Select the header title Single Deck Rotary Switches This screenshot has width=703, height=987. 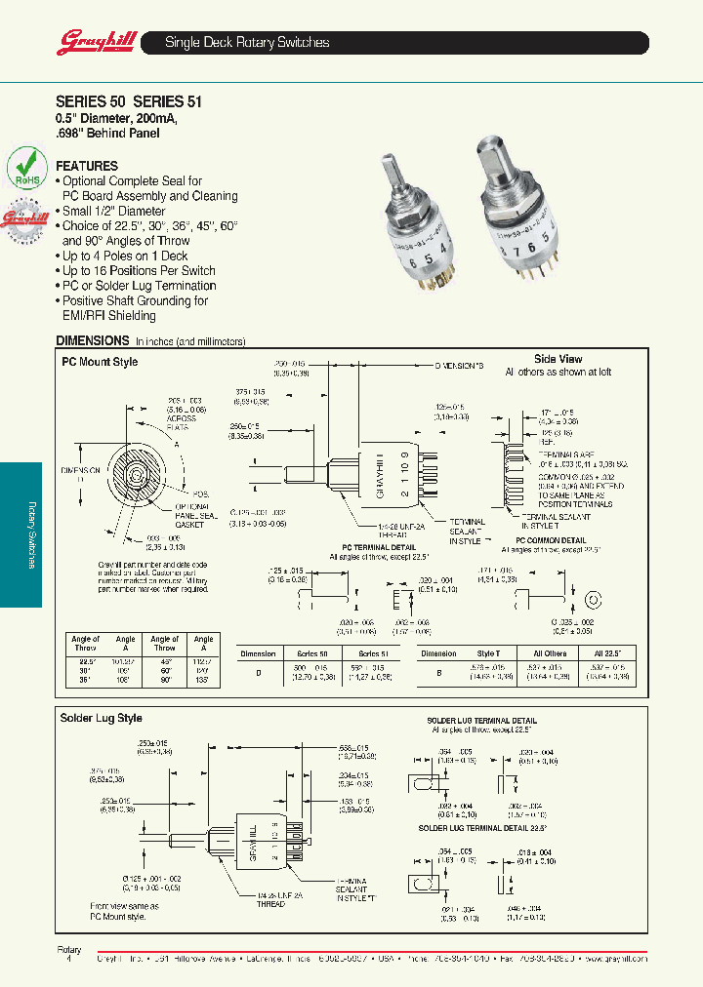point(247,43)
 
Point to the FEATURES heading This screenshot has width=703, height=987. point(87,166)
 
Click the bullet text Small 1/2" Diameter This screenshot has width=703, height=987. point(114,211)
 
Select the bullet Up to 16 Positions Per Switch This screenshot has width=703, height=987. point(139,270)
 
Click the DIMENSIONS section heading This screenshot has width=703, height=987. point(93,340)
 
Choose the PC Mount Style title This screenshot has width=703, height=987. point(100,362)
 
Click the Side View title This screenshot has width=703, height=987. point(558,359)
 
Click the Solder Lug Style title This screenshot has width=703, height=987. point(102,718)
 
